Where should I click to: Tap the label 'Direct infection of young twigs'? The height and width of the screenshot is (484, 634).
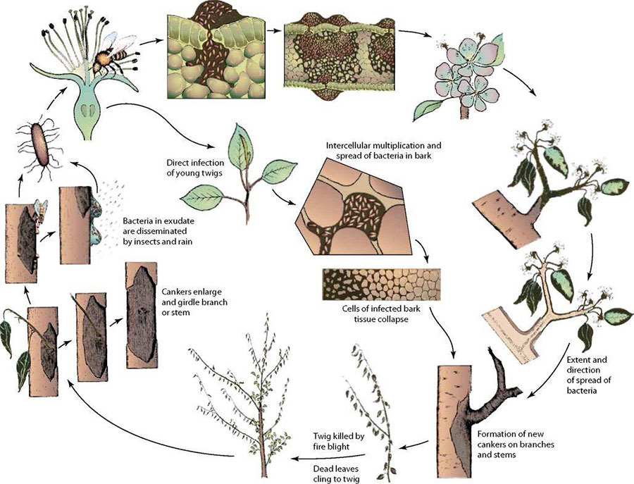(195, 168)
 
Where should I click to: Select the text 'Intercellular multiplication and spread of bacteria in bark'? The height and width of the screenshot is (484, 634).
(383, 150)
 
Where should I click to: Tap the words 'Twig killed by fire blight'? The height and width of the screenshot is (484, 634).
(339, 442)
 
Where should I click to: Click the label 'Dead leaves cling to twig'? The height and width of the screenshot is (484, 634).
(336, 474)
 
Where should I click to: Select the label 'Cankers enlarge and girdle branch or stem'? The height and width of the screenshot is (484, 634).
(194, 302)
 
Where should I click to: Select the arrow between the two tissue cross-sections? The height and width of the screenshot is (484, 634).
(274, 30)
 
